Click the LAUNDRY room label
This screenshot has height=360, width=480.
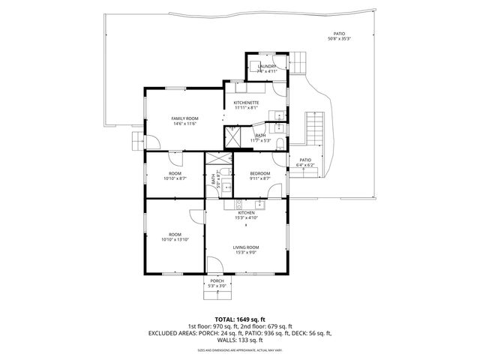(267, 67)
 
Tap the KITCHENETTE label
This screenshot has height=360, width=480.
(246, 102)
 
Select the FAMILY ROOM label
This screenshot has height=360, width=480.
(184, 118)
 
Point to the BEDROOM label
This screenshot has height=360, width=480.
(259, 173)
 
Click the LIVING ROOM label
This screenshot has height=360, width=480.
(246, 247)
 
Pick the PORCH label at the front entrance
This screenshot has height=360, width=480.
(217, 280)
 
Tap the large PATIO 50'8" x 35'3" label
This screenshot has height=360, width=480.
(340, 34)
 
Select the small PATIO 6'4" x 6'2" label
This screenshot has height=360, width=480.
(305, 160)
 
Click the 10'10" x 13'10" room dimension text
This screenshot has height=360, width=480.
(175, 240)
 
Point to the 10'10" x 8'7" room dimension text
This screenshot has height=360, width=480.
(175, 178)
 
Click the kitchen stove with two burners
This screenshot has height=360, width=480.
(239, 203)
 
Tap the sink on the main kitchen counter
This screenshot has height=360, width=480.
(260, 203)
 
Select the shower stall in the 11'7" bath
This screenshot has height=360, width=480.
(232, 136)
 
